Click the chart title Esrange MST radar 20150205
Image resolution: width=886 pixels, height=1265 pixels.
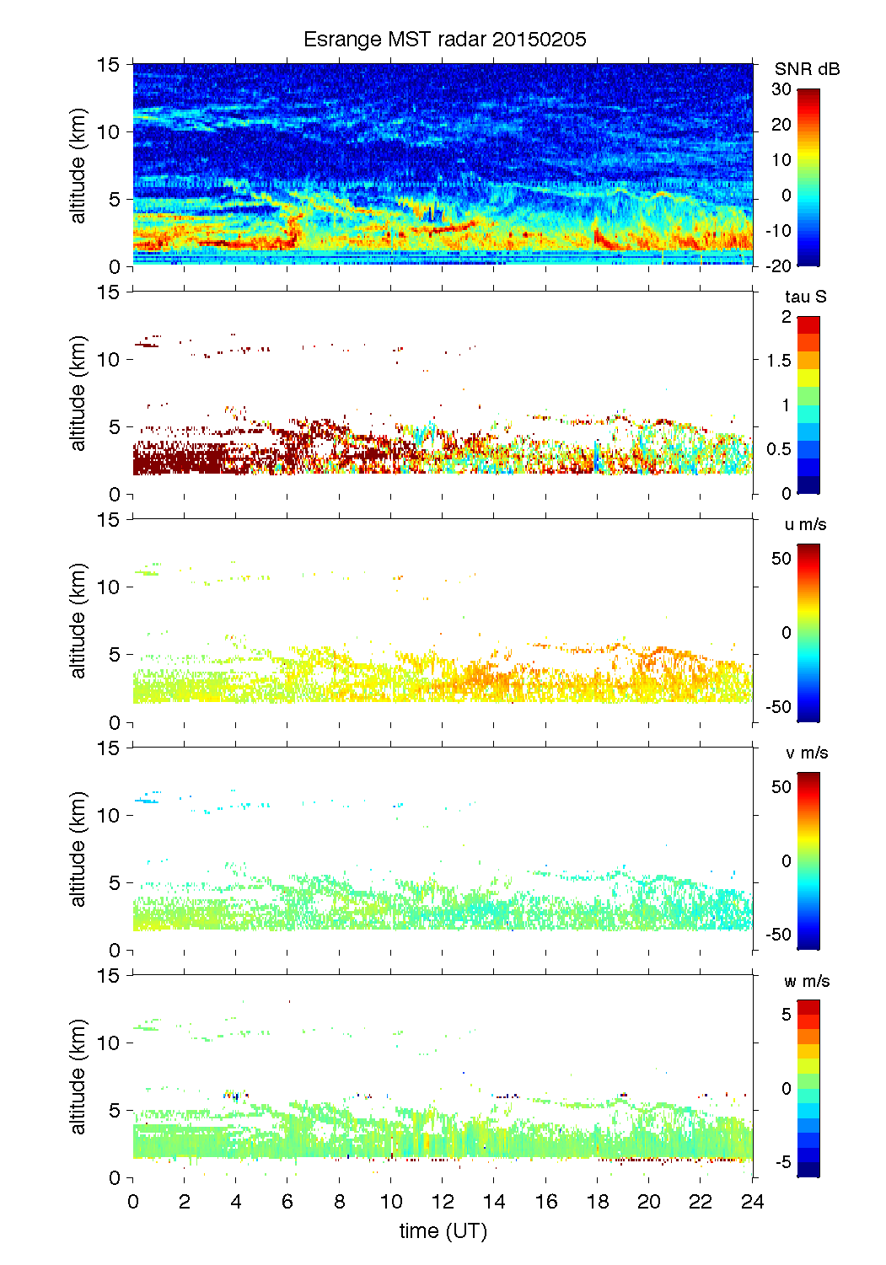point(444,40)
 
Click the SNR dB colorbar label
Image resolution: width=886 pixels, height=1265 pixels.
point(807,69)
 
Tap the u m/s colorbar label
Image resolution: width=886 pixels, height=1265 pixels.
point(805,524)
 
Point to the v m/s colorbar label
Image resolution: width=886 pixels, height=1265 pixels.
point(806,753)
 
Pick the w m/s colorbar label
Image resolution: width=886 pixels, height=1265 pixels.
point(807,981)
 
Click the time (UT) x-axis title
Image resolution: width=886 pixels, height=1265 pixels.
point(443,1231)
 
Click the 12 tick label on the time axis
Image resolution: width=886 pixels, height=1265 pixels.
point(443,1202)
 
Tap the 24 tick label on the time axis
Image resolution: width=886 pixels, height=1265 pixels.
point(752,1202)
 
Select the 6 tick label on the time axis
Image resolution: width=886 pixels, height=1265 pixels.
point(287,1202)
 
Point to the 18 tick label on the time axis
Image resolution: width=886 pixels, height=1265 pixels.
point(598,1202)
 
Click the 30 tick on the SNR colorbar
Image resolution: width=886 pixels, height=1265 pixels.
point(781,89)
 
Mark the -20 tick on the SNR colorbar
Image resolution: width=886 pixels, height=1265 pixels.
point(778,265)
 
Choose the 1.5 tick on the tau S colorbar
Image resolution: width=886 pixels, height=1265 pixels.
point(778,361)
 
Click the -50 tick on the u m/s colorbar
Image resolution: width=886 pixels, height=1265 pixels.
point(778,707)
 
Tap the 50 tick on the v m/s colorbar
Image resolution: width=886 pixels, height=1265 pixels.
point(781,786)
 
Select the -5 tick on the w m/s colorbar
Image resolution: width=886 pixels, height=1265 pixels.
point(781,1162)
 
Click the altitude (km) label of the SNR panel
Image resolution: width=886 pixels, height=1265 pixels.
point(78,165)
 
